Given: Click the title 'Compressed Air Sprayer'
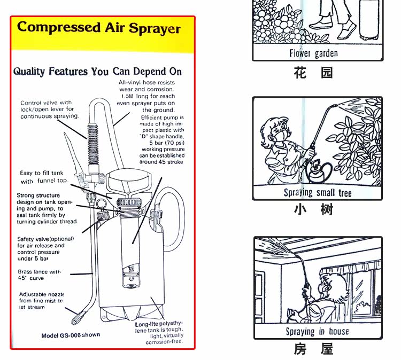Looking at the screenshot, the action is pyautogui.click(x=99, y=28).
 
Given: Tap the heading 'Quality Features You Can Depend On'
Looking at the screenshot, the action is pyautogui.click(x=97, y=72).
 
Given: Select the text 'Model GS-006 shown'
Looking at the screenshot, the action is pyautogui.click(x=71, y=335).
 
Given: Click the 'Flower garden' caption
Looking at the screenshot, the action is pyautogui.click(x=313, y=53).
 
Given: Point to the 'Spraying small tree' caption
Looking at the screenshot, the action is pyautogui.click(x=317, y=193).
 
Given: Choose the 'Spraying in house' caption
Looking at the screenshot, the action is pyautogui.click(x=317, y=332).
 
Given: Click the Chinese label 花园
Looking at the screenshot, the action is pyautogui.click(x=313, y=73).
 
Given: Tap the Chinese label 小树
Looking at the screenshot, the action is pyautogui.click(x=313, y=209).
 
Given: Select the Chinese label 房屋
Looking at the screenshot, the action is pyautogui.click(x=313, y=349).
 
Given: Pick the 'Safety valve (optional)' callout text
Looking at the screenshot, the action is pyautogui.click(x=41, y=248).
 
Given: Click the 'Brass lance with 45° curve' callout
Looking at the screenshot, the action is pyautogui.click(x=40, y=275).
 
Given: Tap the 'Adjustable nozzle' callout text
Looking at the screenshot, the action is pyautogui.click(x=41, y=301).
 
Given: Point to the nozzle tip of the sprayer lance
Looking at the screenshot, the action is pyautogui.click(x=74, y=321).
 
